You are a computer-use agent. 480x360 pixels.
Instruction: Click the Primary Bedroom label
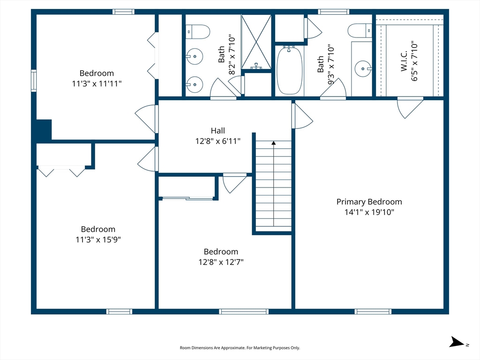pos(369,202)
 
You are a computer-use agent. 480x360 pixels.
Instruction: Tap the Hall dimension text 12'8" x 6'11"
pos(217,141)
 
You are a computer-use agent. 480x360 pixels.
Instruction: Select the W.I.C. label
pos(404,61)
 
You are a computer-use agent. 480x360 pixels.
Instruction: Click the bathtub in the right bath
pos(289,70)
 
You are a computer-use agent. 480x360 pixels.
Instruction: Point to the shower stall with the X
pos(256,42)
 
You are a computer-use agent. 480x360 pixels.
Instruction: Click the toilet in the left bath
pos(198,32)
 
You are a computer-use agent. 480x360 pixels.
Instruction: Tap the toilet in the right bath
pos(360,30)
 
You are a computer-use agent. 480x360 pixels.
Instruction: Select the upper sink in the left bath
pos(195,57)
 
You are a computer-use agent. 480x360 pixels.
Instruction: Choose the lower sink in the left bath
pos(195,84)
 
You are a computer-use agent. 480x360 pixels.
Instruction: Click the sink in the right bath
pos(363,69)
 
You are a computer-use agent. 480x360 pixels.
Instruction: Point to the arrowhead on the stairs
pos(273,143)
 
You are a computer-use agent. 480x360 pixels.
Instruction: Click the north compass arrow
pos(457,342)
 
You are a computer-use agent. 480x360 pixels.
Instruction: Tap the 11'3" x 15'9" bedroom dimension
pos(98,240)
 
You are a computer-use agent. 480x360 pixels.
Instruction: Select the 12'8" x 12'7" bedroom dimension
pos(221,262)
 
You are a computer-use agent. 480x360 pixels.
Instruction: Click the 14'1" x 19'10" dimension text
pos(369,212)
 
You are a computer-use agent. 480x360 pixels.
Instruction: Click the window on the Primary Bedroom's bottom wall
pos(373,312)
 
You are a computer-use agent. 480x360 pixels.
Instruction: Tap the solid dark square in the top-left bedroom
pos(44,130)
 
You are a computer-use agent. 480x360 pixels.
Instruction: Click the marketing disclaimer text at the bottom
pos(240,348)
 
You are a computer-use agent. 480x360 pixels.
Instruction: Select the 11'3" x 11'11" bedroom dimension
pos(97,83)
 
